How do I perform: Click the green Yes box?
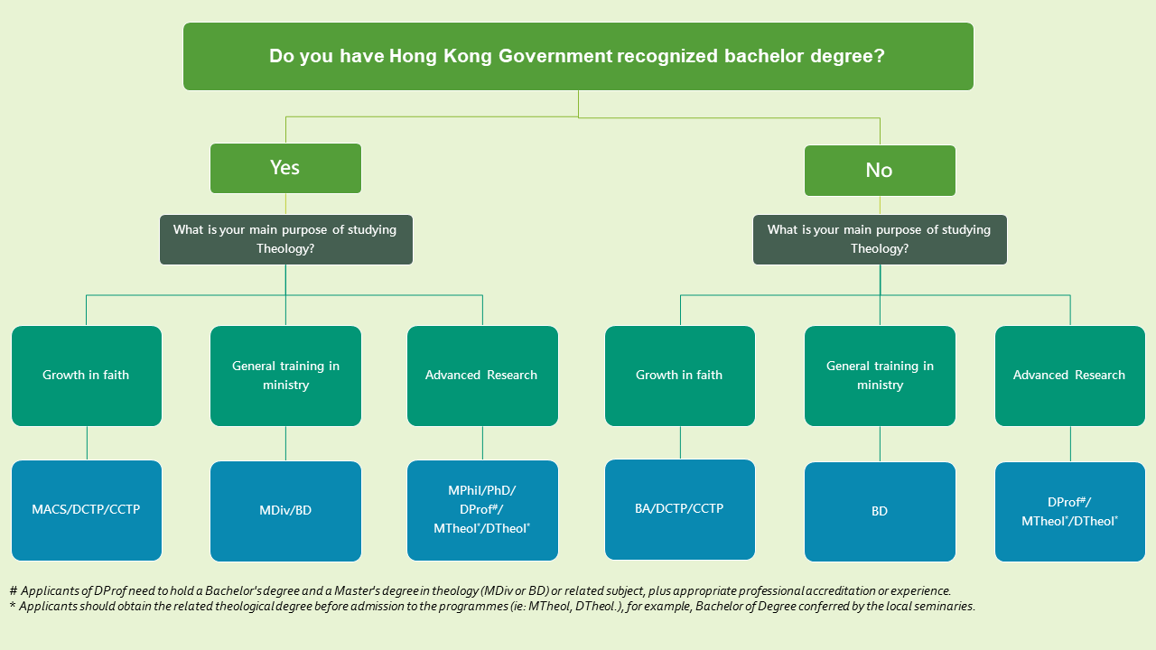[285, 168]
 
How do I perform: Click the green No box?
[880, 171]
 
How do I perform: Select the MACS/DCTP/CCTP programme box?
[87, 510]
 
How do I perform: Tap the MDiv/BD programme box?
[285, 511]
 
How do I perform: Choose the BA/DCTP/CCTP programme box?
[680, 509]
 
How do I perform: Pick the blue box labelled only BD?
[880, 511]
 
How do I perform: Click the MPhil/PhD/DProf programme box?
[482, 510]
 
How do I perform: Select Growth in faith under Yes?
[87, 376]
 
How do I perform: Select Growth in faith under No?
[680, 376]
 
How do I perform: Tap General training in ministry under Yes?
[285, 376]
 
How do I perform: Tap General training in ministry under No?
[880, 376]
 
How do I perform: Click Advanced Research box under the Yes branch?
[482, 376]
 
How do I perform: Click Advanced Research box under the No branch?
[1070, 376]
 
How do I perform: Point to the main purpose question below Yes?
[286, 239]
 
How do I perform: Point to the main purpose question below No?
[880, 239]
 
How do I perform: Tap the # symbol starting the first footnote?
[14, 590]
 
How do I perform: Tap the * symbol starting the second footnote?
[13, 605]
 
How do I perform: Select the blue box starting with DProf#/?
[1070, 511]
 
